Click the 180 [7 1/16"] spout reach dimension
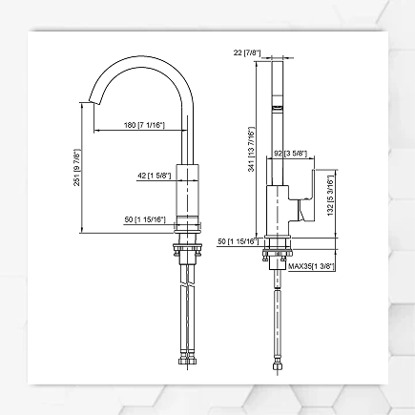click(x=145, y=125)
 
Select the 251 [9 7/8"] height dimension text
click(x=76, y=168)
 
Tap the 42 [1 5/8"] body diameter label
click(x=153, y=175)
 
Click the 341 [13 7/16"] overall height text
click(x=251, y=151)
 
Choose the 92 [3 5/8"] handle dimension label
click(x=290, y=152)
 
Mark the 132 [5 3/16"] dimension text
click(x=329, y=196)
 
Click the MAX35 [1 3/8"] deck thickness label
click(x=311, y=266)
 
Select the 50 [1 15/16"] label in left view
click(x=145, y=219)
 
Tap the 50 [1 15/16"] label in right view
click(x=237, y=241)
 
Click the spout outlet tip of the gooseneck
click(x=93, y=101)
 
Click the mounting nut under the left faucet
click(x=188, y=253)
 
